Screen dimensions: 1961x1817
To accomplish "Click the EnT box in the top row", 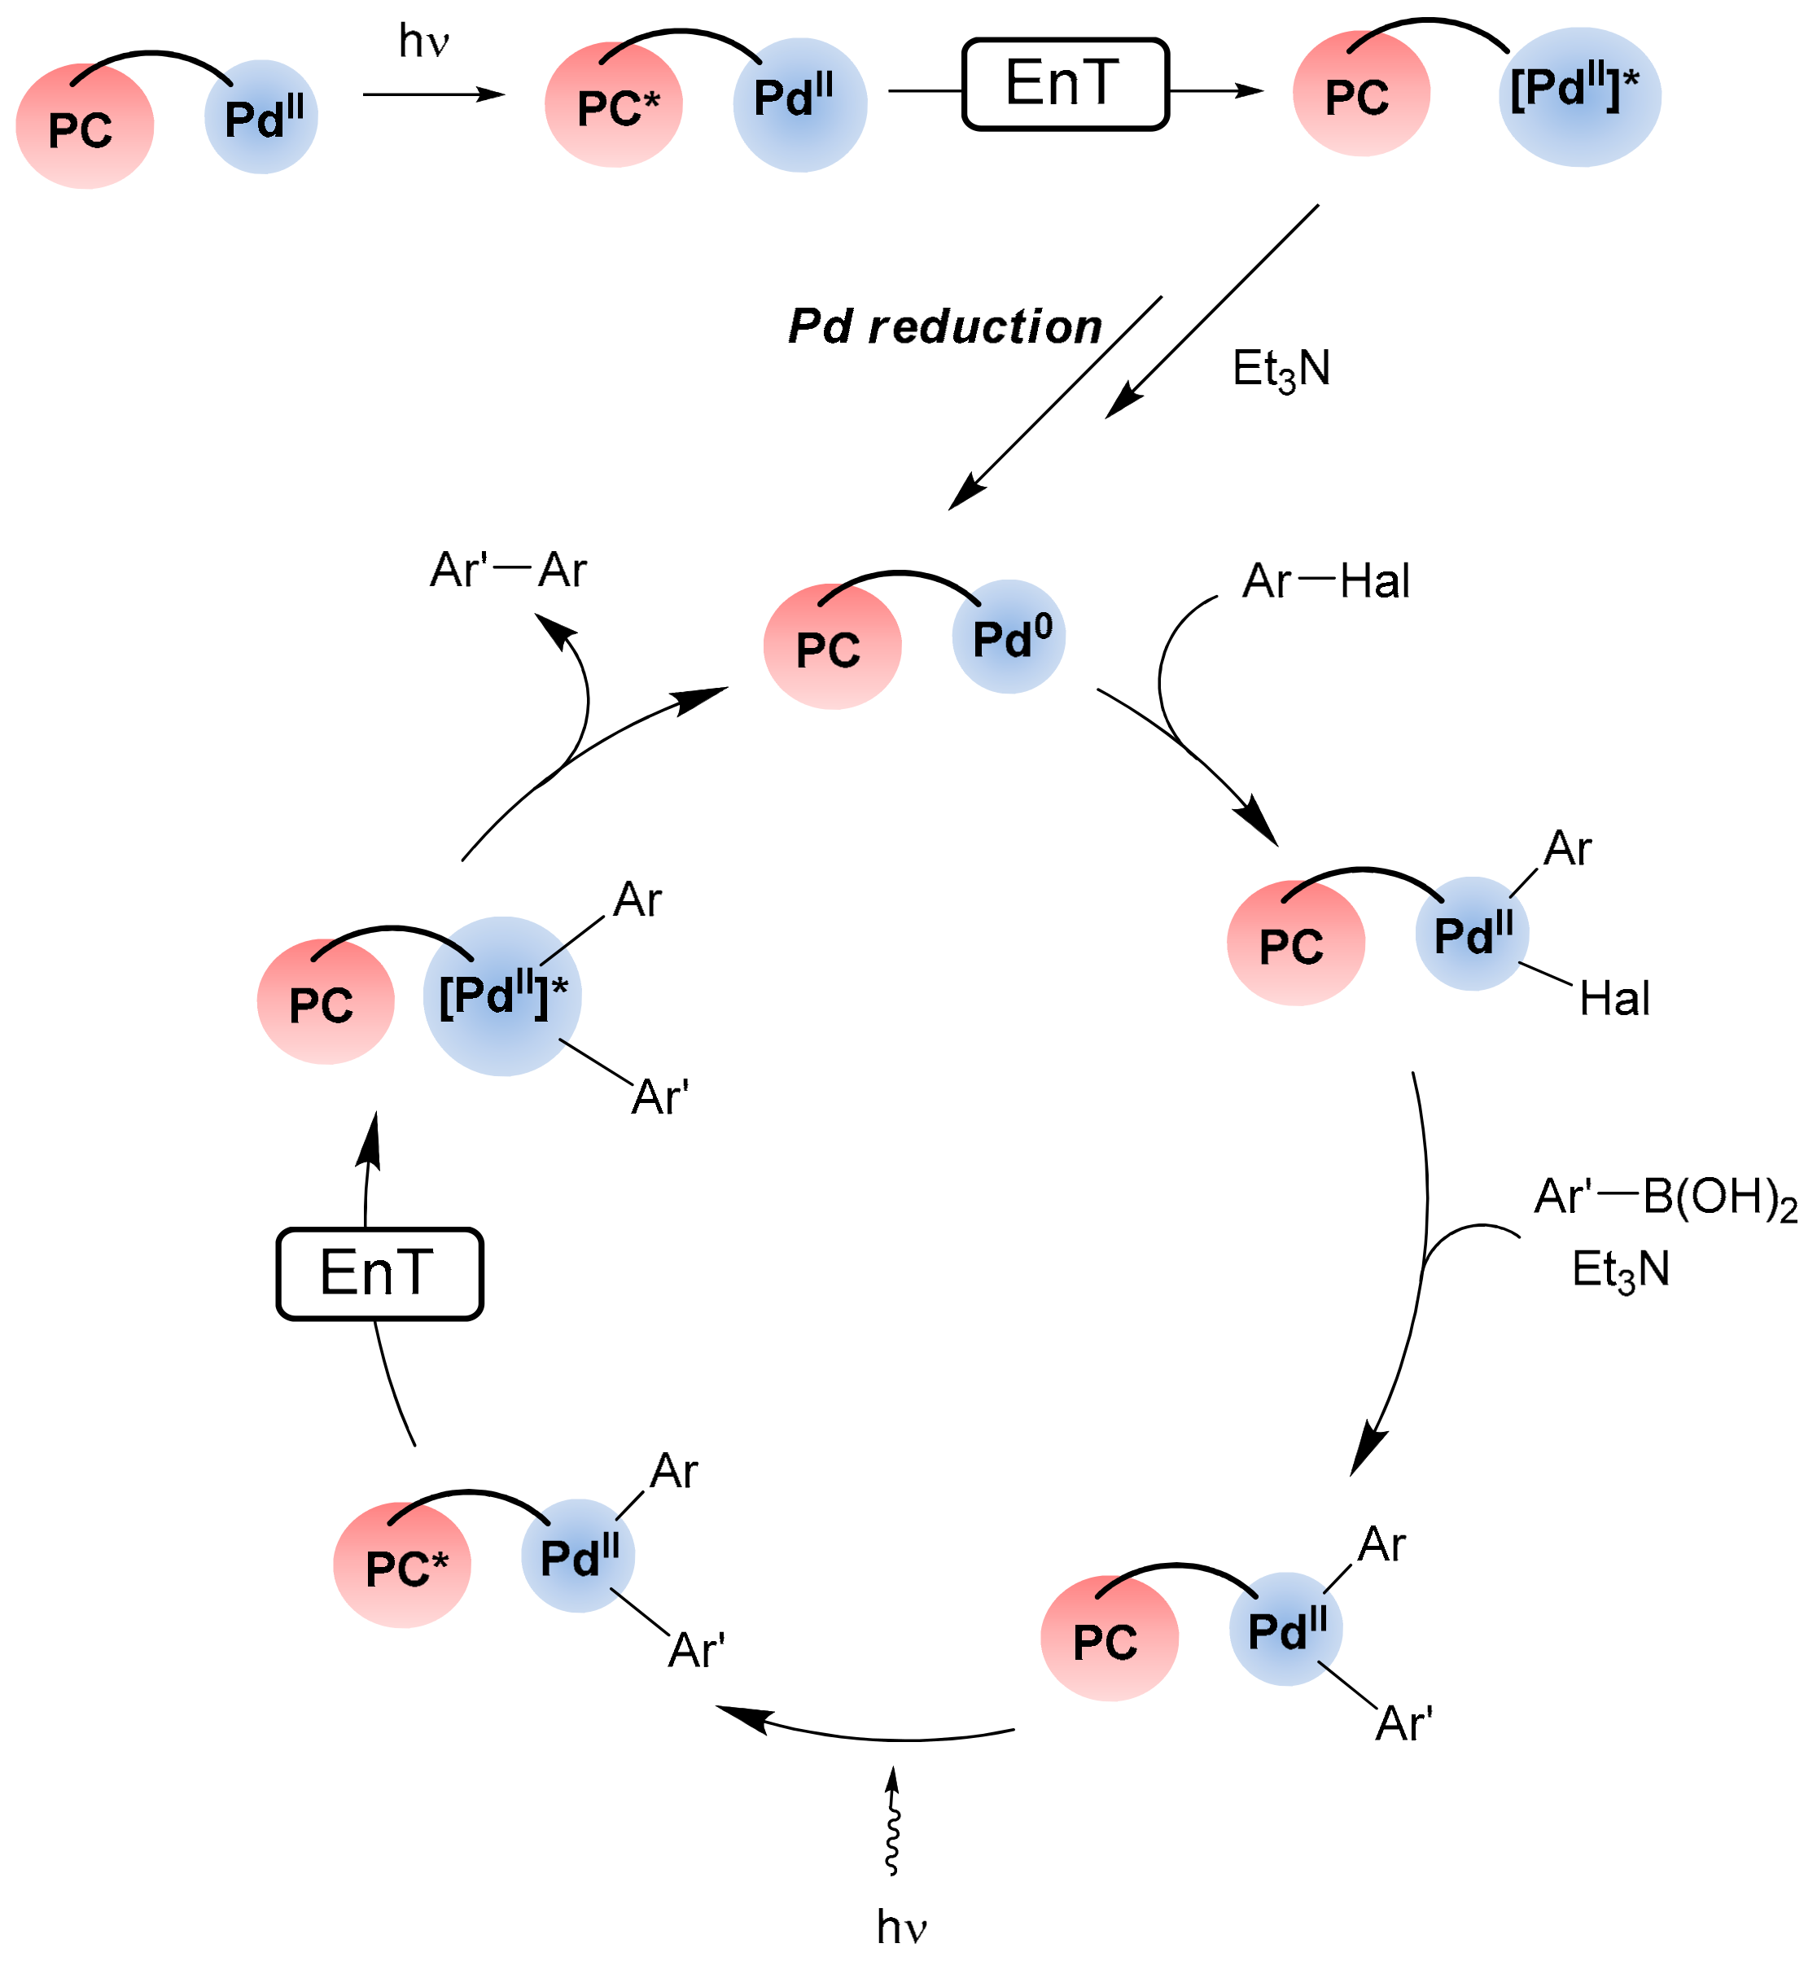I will [x=1065, y=85].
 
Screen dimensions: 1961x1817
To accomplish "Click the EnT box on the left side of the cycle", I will [x=379, y=1273].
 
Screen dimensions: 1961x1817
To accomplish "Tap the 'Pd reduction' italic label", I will [x=945, y=326].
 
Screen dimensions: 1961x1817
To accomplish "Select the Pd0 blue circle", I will [x=1009, y=637].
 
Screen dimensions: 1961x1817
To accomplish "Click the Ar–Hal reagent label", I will [x=1325, y=581].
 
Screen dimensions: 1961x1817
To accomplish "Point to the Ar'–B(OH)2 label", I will [x=1665, y=1198].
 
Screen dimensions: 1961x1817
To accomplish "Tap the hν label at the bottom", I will [x=902, y=1927].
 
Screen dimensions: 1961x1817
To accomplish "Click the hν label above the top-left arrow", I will [x=424, y=42].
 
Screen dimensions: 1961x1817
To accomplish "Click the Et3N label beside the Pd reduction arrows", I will [x=1281, y=370].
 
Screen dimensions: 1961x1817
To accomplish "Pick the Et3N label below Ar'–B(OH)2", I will [x=1620, y=1270].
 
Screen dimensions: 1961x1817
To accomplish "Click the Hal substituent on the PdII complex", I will [x=1614, y=1000].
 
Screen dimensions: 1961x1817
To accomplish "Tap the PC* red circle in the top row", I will [x=615, y=105].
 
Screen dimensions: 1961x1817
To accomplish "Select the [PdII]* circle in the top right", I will [x=1579, y=96].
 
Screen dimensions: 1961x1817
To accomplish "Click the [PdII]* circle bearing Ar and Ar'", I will [x=502, y=996].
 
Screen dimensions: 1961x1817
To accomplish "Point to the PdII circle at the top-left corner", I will [x=261, y=118].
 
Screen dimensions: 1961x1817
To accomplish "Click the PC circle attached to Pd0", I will [x=832, y=647].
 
